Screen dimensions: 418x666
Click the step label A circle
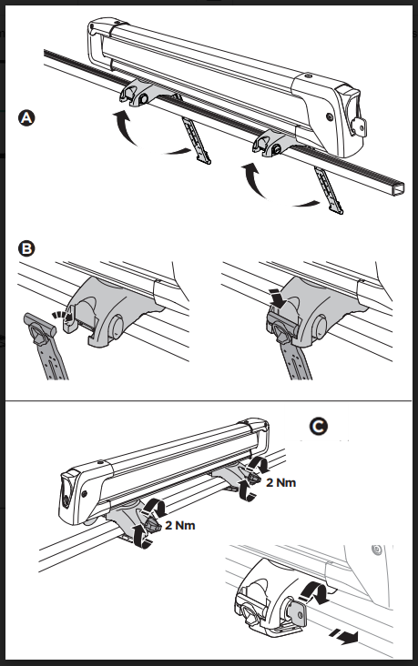(26, 117)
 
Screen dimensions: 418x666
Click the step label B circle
(26, 248)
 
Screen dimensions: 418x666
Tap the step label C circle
(319, 427)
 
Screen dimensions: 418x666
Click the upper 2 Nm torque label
(280, 482)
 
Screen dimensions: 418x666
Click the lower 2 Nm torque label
(180, 525)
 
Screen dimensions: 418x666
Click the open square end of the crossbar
(399, 188)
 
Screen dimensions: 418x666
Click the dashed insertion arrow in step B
(60, 315)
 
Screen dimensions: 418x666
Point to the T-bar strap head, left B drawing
(38, 327)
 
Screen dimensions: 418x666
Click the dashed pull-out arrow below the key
(343, 637)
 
